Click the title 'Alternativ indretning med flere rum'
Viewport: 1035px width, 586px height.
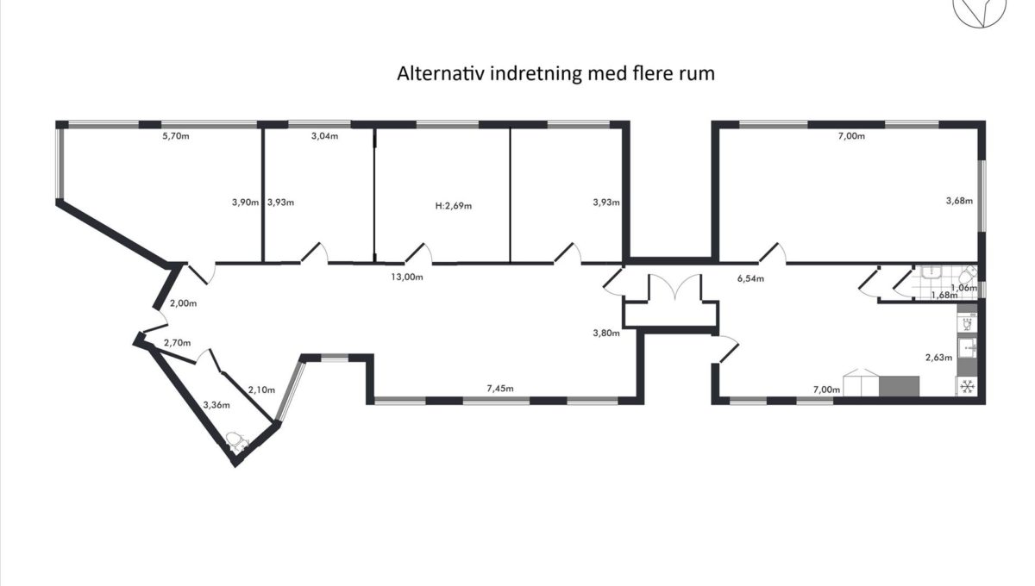click(x=555, y=74)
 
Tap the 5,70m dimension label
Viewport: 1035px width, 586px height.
click(x=176, y=136)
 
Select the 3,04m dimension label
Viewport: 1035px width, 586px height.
click(x=324, y=136)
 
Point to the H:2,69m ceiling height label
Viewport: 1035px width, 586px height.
click(x=454, y=206)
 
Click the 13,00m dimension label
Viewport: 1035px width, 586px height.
click(x=407, y=277)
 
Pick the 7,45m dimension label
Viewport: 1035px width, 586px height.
click(x=500, y=389)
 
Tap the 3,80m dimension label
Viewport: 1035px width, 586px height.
click(x=606, y=333)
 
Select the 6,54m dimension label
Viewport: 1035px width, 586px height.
click(x=750, y=279)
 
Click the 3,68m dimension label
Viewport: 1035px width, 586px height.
click(x=959, y=201)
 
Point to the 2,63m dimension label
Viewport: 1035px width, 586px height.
click(x=938, y=358)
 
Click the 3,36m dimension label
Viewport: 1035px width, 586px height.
click(x=216, y=405)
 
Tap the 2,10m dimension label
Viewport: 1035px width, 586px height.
click(x=261, y=390)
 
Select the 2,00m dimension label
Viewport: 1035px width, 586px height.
click(x=183, y=303)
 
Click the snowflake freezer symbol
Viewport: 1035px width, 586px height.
click(x=967, y=386)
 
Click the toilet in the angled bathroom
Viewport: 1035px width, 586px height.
click(x=237, y=441)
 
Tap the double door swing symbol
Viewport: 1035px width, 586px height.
click(x=675, y=286)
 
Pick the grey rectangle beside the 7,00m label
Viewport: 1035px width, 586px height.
click(x=899, y=386)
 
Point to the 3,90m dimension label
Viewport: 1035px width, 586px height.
click(x=245, y=203)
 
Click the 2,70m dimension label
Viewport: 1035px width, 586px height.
click(x=177, y=343)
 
